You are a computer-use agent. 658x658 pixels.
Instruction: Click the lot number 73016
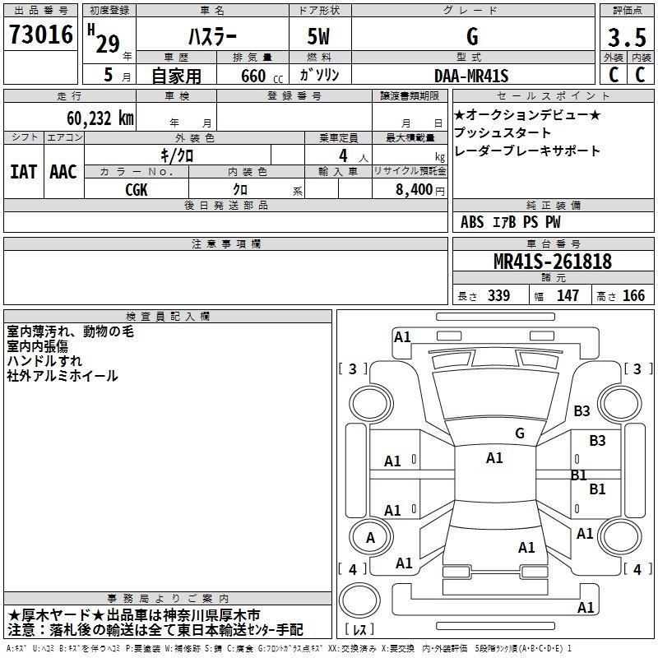click(40, 35)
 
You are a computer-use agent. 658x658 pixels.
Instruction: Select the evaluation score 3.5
click(627, 37)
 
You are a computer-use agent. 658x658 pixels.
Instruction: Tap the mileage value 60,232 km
click(100, 118)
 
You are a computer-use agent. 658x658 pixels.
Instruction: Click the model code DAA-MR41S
click(471, 76)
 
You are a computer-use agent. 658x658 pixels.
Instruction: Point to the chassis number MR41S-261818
click(553, 261)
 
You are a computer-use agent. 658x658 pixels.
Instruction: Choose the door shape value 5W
click(318, 36)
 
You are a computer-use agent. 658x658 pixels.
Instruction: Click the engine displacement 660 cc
click(262, 76)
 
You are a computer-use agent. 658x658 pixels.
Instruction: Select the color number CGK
click(137, 190)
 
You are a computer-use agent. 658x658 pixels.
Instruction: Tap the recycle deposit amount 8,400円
click(420, 190)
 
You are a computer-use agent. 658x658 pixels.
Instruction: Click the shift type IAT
click(24, 172)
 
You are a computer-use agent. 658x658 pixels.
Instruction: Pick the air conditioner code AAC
click(63, 172)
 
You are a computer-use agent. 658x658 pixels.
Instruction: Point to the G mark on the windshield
click(520, 433)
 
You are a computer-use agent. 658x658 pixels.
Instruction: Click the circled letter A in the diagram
click(370, 538)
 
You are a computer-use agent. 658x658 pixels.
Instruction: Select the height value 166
click(633, 295)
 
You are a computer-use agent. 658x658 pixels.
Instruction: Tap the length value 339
click(498, 295)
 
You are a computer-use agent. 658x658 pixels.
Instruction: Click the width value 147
click(568, 295)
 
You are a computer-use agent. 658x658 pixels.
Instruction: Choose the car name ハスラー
click(212, 36)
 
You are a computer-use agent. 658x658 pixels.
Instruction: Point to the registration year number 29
click(108, 44)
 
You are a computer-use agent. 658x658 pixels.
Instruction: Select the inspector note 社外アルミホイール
click(63, 376)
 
